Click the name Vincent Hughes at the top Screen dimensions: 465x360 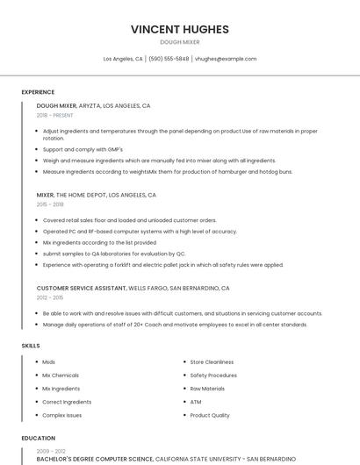pyautogui.click(x=179, y=29)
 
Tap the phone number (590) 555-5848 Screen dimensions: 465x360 pyautogui.click(x=169, y=59)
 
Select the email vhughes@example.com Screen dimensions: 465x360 pyautogui.click(x=226, y=59)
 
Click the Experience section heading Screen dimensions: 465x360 pyautogui.click(x=38, y=92)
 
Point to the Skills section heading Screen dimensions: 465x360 pyautogui.click(x=31, y=346)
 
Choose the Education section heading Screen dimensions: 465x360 pyautogui.click(x=38, y=438)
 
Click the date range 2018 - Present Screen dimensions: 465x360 pyautogui.click(x=54, y=116)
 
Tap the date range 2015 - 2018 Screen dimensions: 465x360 pyautogui.click(x=50, y=204)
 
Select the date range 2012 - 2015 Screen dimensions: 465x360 pyautogui.click(x=50, y=297)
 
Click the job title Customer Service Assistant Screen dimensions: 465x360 pyautogui.click(x=82, y=288)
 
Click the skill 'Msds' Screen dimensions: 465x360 pyautogui.click(x=49, y=362)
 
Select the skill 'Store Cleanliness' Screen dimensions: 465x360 pyautogui.click(x=212, y=362)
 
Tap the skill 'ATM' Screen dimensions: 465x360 pyautogui.click(x=196, y=402)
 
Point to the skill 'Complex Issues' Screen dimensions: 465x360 pyautogui.click(x=62, y=415)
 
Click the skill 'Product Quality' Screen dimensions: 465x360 pyautogui.click(x=210, y=415)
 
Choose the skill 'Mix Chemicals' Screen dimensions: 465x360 pyautogui.click(x=61, y=376)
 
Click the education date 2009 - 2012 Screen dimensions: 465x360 pyautogui.click(x=50, y=450)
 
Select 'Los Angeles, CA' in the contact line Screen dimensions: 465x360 pyautogui.click(x=123, y=59)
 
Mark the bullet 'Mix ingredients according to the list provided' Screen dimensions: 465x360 pyautogui.click(x=99, y=242)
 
